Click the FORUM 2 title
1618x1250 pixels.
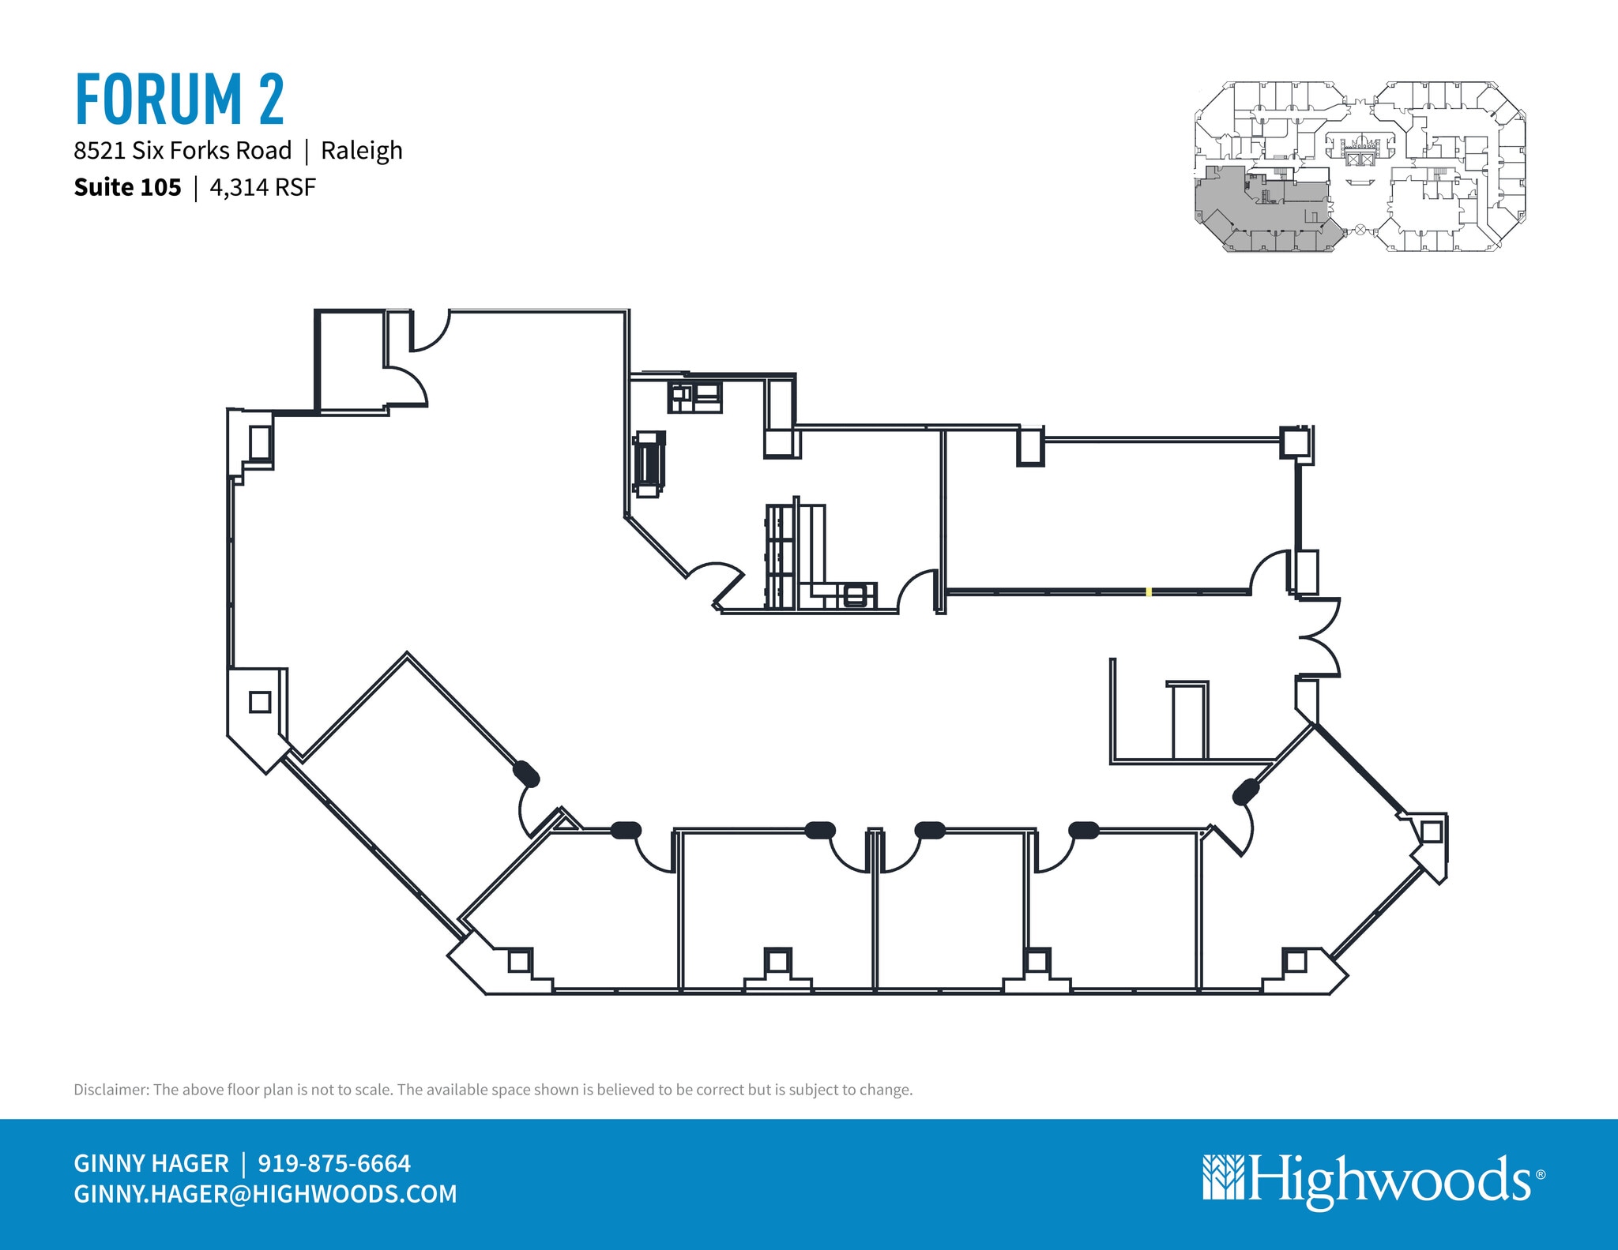(179, 99)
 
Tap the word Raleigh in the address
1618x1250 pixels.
(361, 150)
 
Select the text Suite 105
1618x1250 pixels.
(127, 187)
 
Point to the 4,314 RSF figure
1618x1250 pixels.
(262, 187)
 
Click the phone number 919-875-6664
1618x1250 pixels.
(334, 1163)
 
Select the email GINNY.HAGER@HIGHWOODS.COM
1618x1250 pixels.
(265, 1193)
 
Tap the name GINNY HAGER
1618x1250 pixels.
(151, 1163)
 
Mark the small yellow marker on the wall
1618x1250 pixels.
(1149, 591)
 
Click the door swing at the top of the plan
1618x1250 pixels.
(430, 329)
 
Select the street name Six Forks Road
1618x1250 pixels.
(212, 150)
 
